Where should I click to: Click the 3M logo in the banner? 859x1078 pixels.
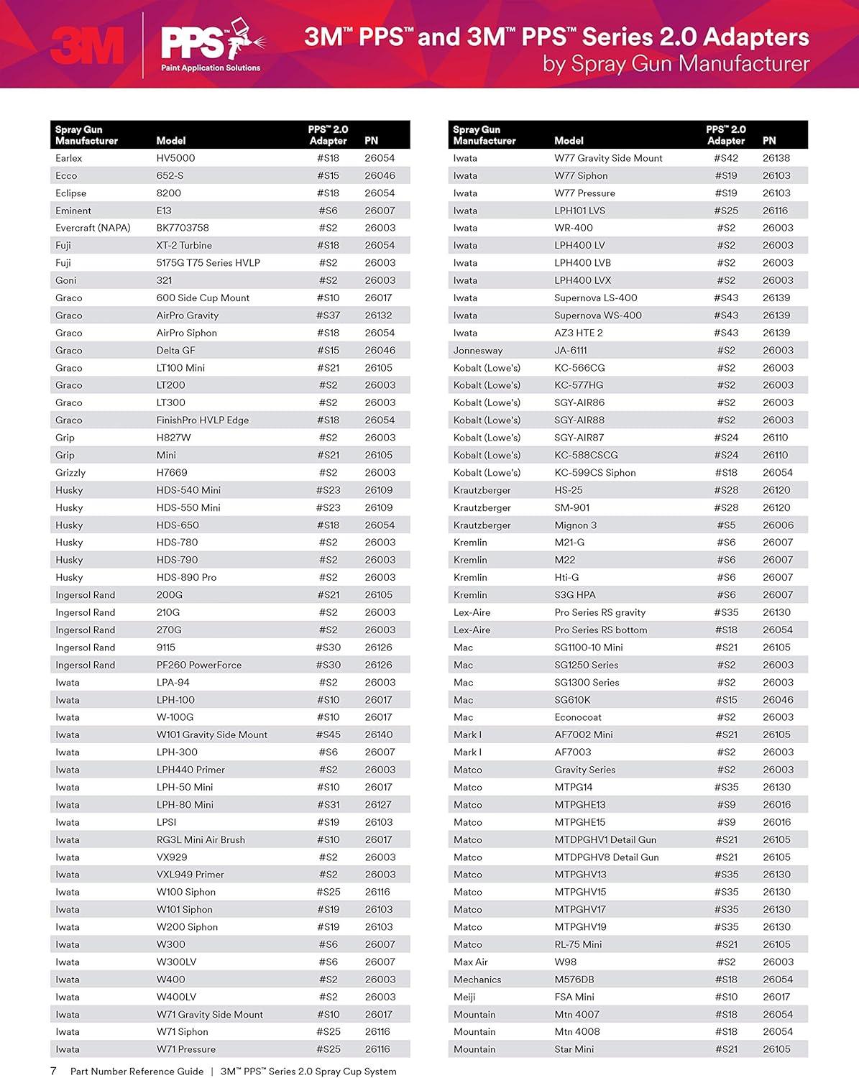click(x=87, y=45)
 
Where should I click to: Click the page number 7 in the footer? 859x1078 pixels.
click(x=53, y=1071)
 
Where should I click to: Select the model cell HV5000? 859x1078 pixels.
click(x=175, y=158)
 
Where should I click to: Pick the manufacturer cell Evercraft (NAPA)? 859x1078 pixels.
click(x=93, y=228)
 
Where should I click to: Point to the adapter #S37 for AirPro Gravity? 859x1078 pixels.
click(x=328, y=315)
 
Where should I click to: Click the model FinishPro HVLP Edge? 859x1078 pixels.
click(x=202, y=420)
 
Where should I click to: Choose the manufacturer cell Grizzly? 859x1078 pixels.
click(x=70, y=473)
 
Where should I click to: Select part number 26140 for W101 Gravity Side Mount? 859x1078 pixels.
click(x=378, y=734)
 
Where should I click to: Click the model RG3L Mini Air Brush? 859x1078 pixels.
click(x=201, y=839)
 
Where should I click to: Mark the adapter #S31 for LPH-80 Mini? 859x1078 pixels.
click(x=328, y=805)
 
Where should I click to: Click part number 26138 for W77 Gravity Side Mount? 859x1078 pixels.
click(x=776, y=158)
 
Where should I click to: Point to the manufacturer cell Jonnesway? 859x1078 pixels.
click(x=477, y=351)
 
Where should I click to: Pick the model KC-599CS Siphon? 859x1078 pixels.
click(x=594, y=473)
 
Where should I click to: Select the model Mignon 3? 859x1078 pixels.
click(x=575, y=525)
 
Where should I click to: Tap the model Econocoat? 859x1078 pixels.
click(x=578, y=717)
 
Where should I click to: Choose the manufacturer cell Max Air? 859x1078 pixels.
click(x=470, y=962)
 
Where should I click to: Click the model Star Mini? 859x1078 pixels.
click(x=574, y=1049)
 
